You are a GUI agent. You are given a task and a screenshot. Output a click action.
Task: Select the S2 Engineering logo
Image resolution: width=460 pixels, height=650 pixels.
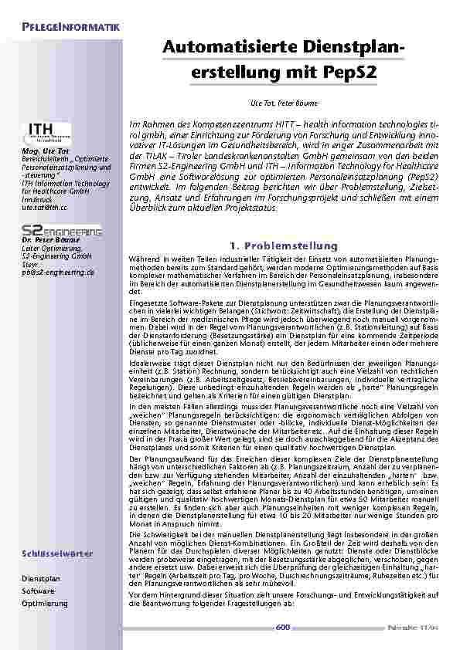[x=61, y=231]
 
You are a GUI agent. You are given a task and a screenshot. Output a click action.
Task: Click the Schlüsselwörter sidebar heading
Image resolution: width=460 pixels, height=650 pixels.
[x=58, y=554]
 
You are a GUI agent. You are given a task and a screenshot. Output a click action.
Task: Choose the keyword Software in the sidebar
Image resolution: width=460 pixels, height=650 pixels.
[x=38, y=591]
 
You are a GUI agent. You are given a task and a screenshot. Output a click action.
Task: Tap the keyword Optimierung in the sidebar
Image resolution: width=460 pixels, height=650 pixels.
[x=44, y=603]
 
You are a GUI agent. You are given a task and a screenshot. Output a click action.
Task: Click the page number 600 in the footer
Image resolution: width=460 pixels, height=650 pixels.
[x=282, y=629]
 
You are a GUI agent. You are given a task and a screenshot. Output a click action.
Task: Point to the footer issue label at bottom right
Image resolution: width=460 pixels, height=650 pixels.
[x=414, y=629]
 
